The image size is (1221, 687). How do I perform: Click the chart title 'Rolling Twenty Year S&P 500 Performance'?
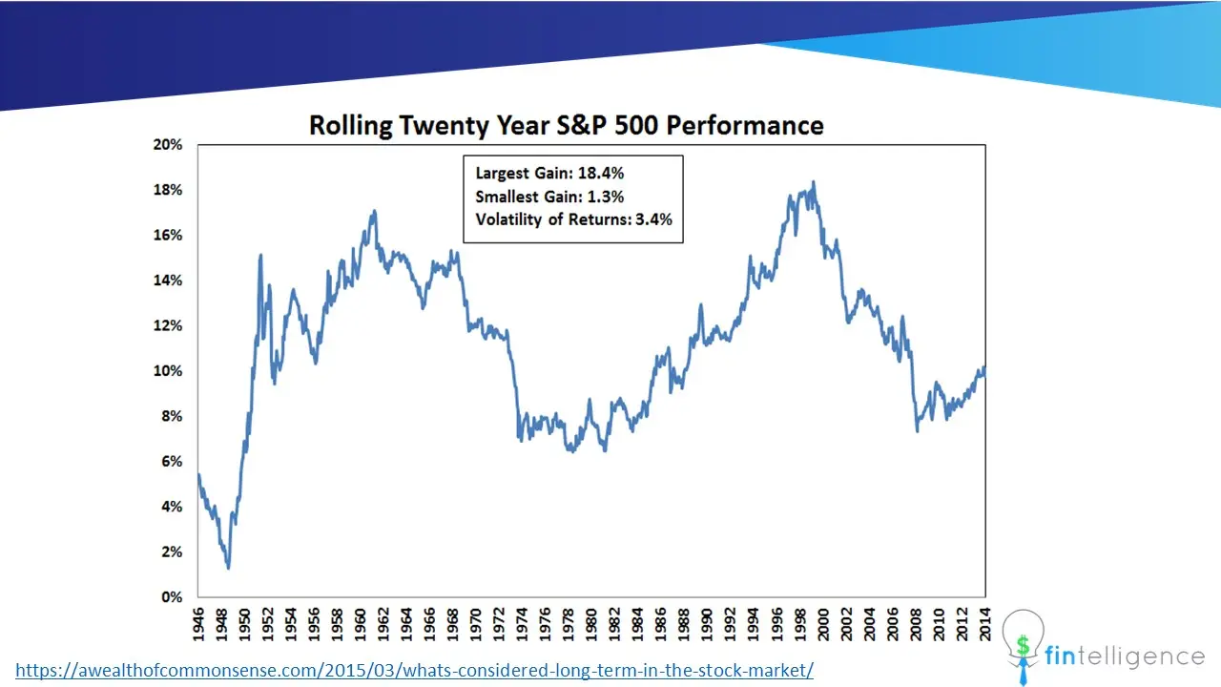pyautogui.click(x=567, y=125)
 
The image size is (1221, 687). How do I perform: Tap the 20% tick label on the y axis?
pyautogui.click(x=168, y=144)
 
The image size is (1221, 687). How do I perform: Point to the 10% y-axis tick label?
pyautogui.click(x=168, y=371)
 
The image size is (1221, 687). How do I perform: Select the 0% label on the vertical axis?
pyautogui.click(x=172, y=597)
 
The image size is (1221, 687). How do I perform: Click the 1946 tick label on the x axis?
pyautogui.click(x=197, y=624)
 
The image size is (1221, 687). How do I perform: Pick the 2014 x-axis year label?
pyautogui.click(x=985, y=624)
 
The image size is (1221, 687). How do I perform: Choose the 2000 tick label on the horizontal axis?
pyautogui.click(x=823, y=624)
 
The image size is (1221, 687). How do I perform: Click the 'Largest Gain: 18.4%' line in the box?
pyautogui.click(x=549, y=174)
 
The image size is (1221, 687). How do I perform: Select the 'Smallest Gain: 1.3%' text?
pyautogui.click(x=549, y=197)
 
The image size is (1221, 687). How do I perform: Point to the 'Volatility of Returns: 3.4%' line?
pyautogui.click(x=573, y=219)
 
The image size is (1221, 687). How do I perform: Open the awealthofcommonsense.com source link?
pyautogui.click(x=414, y=670)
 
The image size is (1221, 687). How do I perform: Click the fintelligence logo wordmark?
pyautogui.click(x=1125, y=656)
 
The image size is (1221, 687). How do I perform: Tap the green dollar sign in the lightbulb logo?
pyautogui.click(x=1024, y=646)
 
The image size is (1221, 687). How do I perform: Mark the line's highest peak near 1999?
pyautogui.click(x=814, y=182)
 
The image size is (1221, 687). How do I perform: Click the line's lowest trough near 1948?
pyautogui.click(x=228, y=568)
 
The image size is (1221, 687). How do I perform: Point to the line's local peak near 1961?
pyautogui.click(x=375, y=211)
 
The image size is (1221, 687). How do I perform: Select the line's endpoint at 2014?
pyautogui.click(x=984, y=368)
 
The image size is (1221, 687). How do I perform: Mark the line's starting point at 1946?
pyautogui.click(x=199, y=475)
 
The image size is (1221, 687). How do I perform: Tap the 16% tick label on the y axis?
pyautogui.click(x=168, y=235)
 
